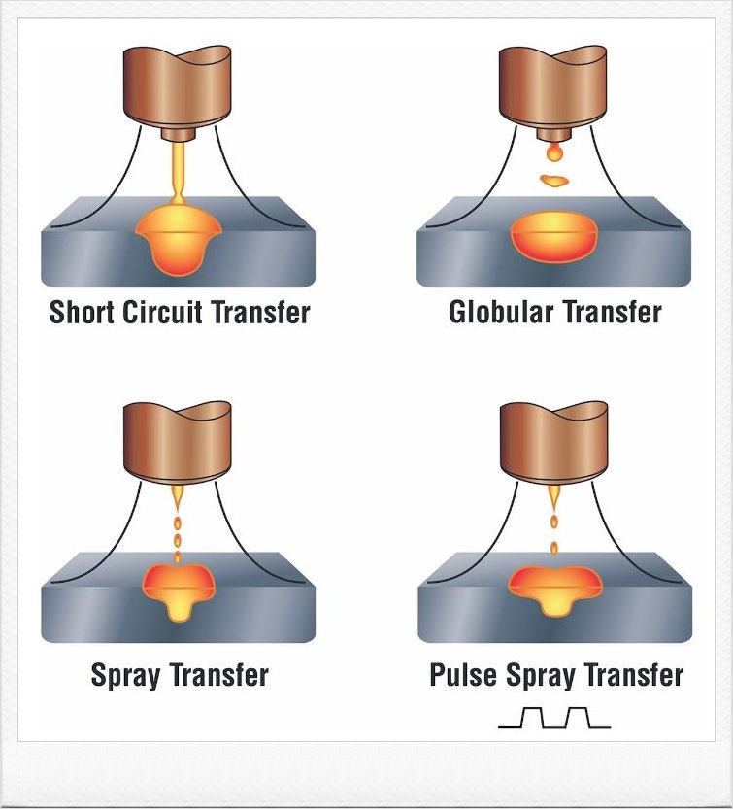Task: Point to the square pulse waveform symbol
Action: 554,718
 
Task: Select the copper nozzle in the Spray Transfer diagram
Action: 179,442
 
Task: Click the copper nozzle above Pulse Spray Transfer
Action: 554,442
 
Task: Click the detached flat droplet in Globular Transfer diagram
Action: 554,180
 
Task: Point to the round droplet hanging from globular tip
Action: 554,152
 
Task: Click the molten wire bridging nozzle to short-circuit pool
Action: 179,170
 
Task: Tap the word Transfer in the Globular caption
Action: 609,313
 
